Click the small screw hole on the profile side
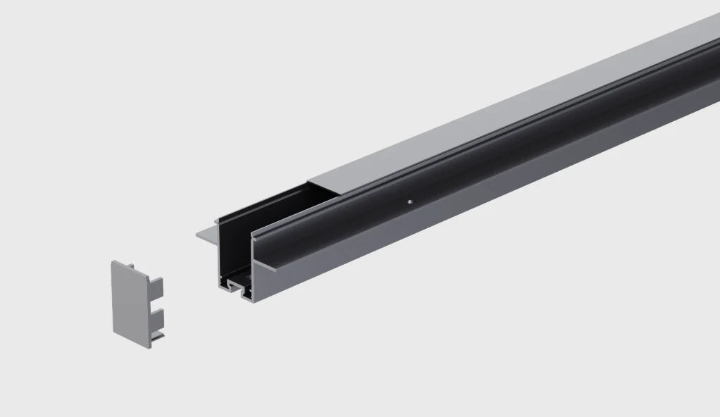(x=408, y=201)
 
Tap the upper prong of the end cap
(x=156, y=287)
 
